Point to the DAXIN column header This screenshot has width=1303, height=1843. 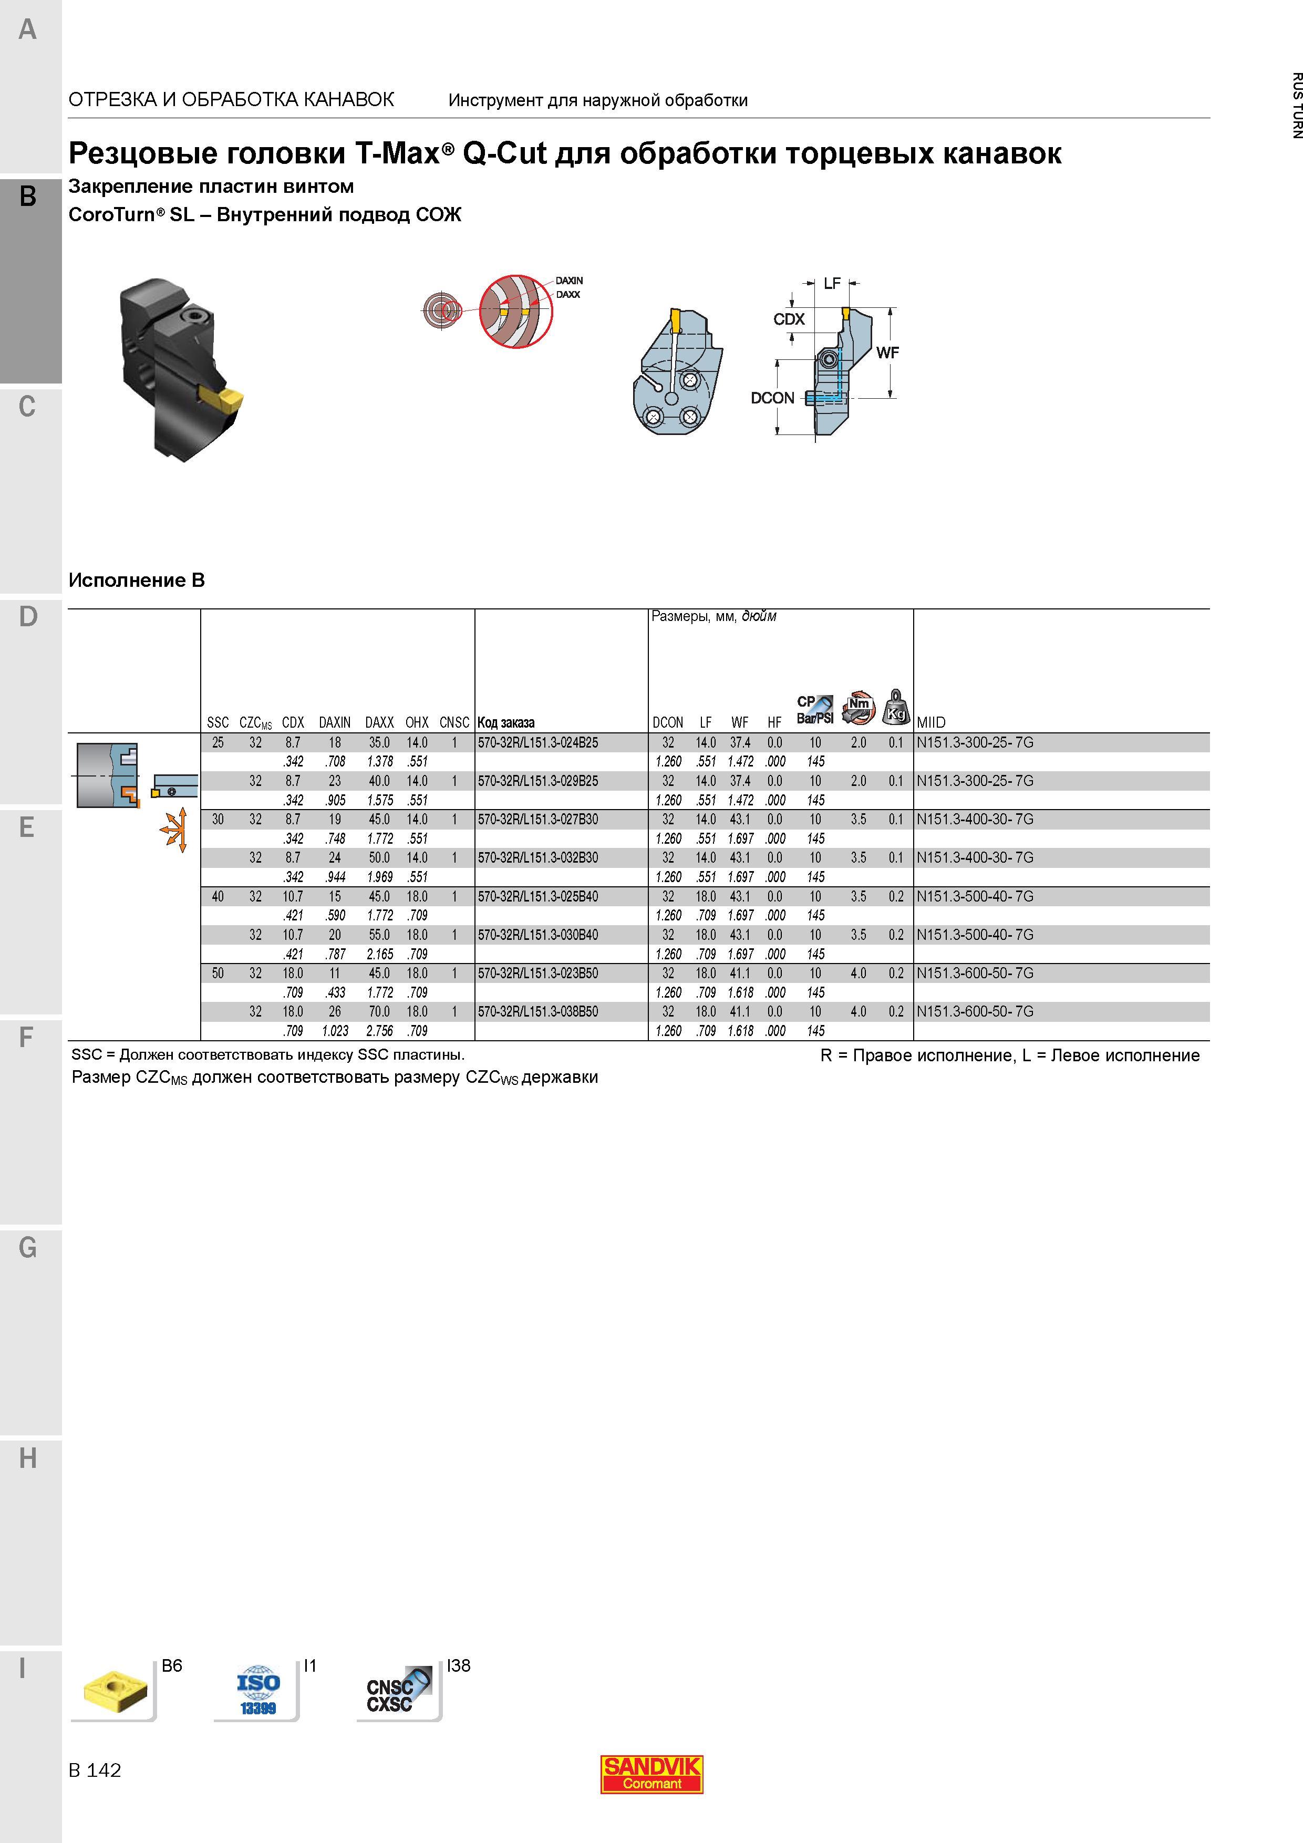[x=335, y=722]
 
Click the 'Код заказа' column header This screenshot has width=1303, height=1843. [x=506, y=722]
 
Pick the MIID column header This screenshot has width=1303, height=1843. [x=932, y=722]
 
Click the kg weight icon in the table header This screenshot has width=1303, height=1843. [x=896, y=707]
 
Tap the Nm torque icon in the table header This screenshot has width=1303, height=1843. [x=858, y=707]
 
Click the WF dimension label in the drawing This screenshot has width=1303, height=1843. [x=887, y=353]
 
